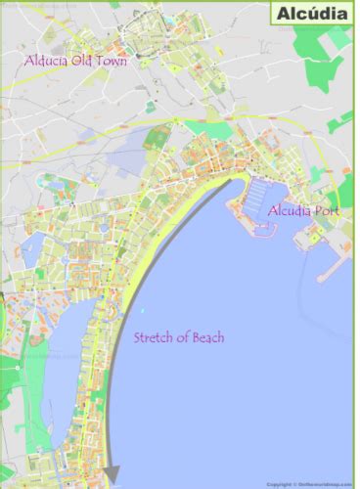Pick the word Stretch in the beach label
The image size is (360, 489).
(x=155, y=338)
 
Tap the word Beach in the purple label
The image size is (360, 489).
(x=206, y=338)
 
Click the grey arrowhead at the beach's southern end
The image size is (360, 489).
(x=112, y=473)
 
